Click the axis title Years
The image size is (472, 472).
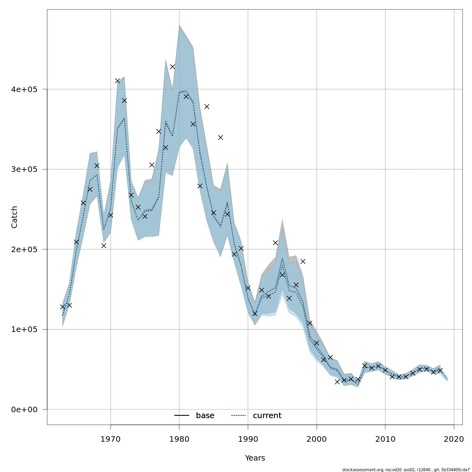click(x=255, y=458)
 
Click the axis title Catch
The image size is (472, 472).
click(x=15, y=217)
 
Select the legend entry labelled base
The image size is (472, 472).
click(x=205, y=416)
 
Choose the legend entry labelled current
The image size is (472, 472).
click(x=267, y=416)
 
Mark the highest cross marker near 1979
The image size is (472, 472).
click(x=172, y=67)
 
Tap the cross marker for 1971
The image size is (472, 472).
click(x=118, y=81)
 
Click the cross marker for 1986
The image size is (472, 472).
click(x=221, y=137)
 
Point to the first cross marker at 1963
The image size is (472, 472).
click(x=63, y=307)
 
